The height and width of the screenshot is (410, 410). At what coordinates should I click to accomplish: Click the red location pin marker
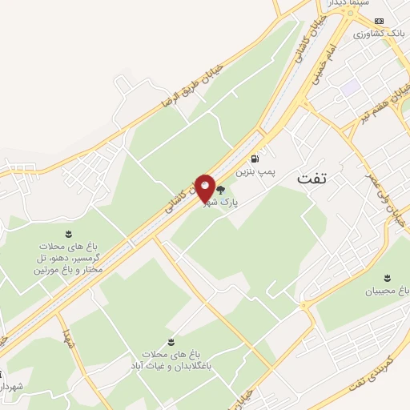205,189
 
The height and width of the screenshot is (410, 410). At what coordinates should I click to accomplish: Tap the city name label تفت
313,179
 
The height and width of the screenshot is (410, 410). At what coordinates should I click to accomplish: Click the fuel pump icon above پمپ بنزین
255,159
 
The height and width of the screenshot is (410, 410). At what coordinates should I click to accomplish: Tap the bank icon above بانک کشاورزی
381,21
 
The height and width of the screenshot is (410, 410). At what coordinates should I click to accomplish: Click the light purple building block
349,86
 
